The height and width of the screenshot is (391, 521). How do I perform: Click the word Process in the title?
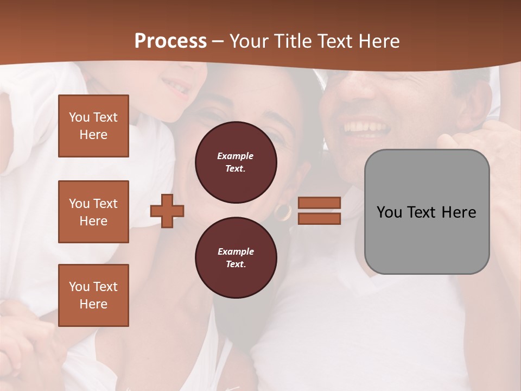170,41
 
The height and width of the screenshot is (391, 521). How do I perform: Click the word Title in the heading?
291,41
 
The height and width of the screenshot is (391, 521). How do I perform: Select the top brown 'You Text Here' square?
93,126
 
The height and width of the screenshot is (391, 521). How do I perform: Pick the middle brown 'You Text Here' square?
93,212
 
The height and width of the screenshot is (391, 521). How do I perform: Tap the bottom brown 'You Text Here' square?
93,295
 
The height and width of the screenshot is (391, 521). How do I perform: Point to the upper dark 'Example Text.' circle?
236,162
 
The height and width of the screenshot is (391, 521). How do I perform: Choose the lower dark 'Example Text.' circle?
236,258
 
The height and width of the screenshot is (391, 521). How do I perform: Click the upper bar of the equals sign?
319,203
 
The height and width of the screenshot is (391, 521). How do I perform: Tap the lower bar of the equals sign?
319,219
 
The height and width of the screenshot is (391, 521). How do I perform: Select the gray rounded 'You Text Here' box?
427,212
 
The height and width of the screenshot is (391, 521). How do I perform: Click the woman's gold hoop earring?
283,212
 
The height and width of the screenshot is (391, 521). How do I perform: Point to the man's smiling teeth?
367,128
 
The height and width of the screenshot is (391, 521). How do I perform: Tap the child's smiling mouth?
175,86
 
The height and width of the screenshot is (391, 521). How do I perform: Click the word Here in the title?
378,41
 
